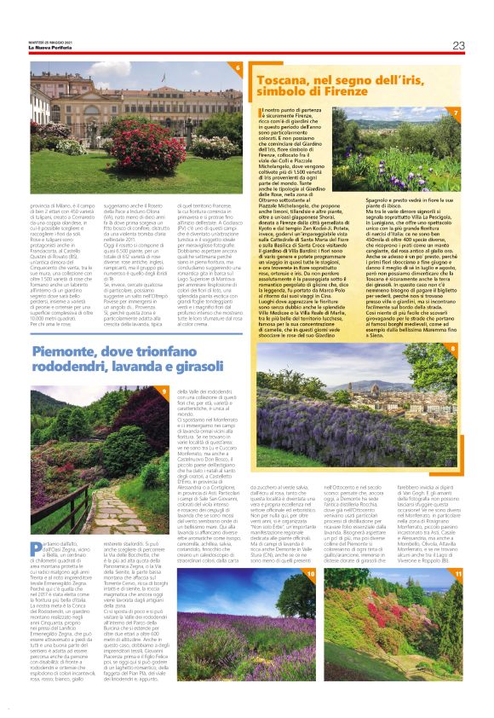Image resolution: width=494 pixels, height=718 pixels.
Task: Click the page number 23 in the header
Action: click(458, 45)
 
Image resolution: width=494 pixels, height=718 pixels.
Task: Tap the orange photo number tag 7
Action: click(456, 113)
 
